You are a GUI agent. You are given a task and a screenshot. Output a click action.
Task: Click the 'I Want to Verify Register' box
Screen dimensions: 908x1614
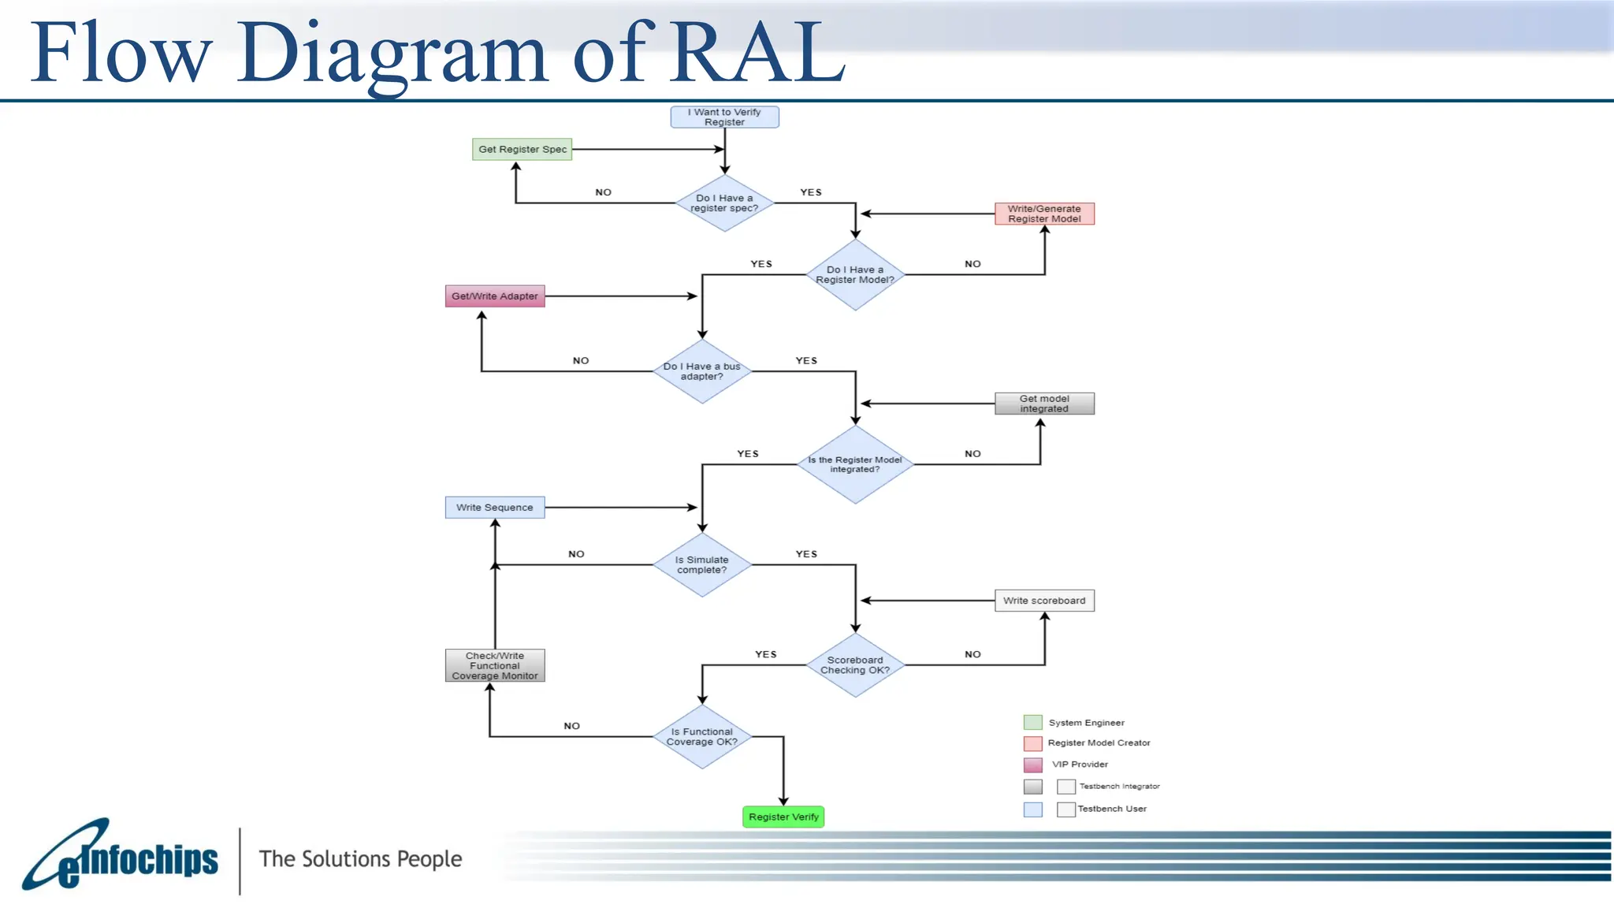[x=724, y=117]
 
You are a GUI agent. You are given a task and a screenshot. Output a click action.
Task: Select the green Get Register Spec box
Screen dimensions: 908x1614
[x=522, y=149]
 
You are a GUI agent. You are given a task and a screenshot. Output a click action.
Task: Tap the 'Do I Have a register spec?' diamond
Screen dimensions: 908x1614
[x=724, y=203]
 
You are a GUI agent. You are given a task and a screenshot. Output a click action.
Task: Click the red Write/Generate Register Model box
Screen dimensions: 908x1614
[x=1044, y=214]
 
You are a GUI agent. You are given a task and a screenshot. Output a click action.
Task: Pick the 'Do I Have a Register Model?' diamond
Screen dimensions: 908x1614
[x=855, y=274]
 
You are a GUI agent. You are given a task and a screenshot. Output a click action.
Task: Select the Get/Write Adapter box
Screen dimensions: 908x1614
[x=495, y=296]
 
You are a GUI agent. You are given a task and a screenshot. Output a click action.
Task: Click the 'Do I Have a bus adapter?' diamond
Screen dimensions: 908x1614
[x=701, y=371]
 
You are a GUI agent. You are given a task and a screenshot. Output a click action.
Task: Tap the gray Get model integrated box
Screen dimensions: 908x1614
[x=1044, y=404]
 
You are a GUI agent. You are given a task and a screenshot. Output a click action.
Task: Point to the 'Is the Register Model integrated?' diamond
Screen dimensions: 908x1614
[x=855, y=464]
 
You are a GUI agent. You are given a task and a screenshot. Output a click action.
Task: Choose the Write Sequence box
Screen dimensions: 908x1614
[x=495, y=508]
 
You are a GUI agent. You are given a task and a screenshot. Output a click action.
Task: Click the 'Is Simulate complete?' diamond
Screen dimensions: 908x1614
[x=701, y=564]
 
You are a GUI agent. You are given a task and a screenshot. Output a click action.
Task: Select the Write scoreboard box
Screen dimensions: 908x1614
[x=1044, y=601]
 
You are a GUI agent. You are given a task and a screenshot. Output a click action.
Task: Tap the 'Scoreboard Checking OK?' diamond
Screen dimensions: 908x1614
[x=855, y=665]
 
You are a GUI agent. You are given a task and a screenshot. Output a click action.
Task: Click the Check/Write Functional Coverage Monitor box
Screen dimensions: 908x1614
[x=495, y=665]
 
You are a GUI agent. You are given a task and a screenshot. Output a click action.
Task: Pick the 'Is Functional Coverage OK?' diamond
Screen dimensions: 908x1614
[x=701, y=737]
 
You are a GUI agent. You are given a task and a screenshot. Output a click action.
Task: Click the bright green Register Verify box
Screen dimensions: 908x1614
[x=783, y=817]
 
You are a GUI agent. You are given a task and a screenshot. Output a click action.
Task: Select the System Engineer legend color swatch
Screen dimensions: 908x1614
[x=1032, y=722]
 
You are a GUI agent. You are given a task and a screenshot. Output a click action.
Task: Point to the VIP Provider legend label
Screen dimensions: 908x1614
[x=1080, y=765]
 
